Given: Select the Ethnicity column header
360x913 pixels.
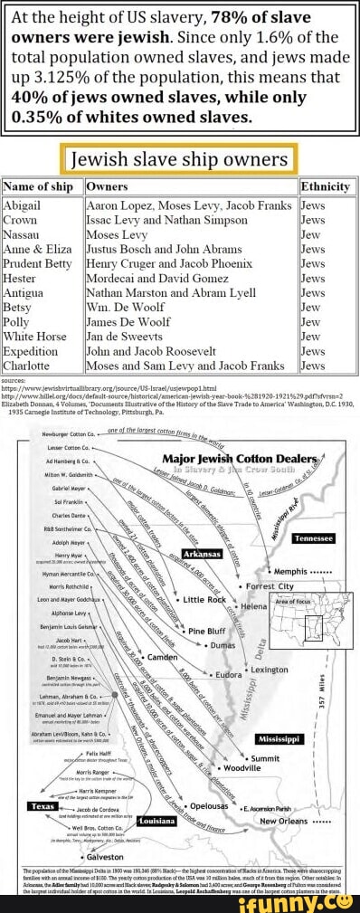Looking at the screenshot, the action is (326, 186).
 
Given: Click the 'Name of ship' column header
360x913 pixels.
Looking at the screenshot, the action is (38, 186).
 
